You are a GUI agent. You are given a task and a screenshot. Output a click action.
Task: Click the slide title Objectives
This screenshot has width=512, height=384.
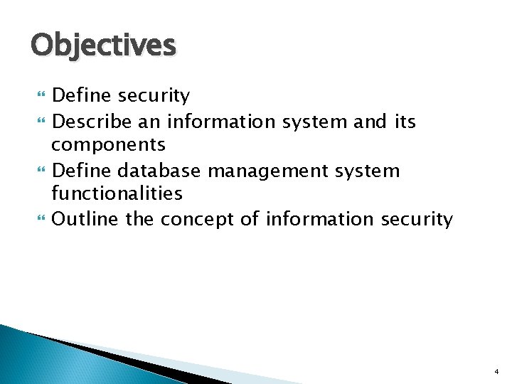pyautogui.click(x=103, y=46)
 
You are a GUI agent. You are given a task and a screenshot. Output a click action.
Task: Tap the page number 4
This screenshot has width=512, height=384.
pyautogui.click(x=496, y=371)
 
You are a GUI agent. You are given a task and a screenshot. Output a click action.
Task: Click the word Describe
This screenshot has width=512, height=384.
pyautogui.click(x=92, y=122)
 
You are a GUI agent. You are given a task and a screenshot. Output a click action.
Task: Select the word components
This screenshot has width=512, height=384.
pyautogui.click(x=108, y=146)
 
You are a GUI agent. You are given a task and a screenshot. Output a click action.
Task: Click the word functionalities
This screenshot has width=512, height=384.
pyautogui.click(x=117, y=193)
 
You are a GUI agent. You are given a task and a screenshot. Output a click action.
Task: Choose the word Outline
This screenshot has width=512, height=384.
pyautogui.click(x=86, y=219)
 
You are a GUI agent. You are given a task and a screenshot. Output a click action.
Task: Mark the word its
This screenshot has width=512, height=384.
pyautogui.click(x=405, y=122)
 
